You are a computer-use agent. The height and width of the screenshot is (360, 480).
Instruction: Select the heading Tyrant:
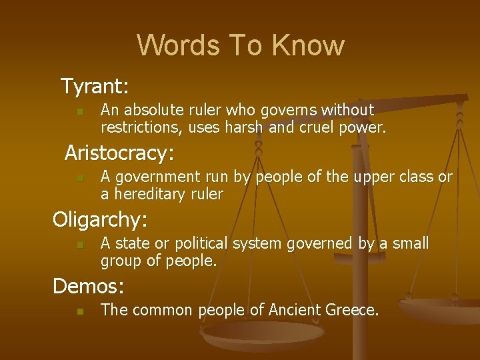95,86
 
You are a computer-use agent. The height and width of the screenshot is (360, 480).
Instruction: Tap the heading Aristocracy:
119,153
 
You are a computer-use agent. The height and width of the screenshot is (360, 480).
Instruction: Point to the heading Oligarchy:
100,219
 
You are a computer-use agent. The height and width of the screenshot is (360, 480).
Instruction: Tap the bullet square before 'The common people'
79,311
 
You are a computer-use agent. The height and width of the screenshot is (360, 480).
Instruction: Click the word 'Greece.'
353,310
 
